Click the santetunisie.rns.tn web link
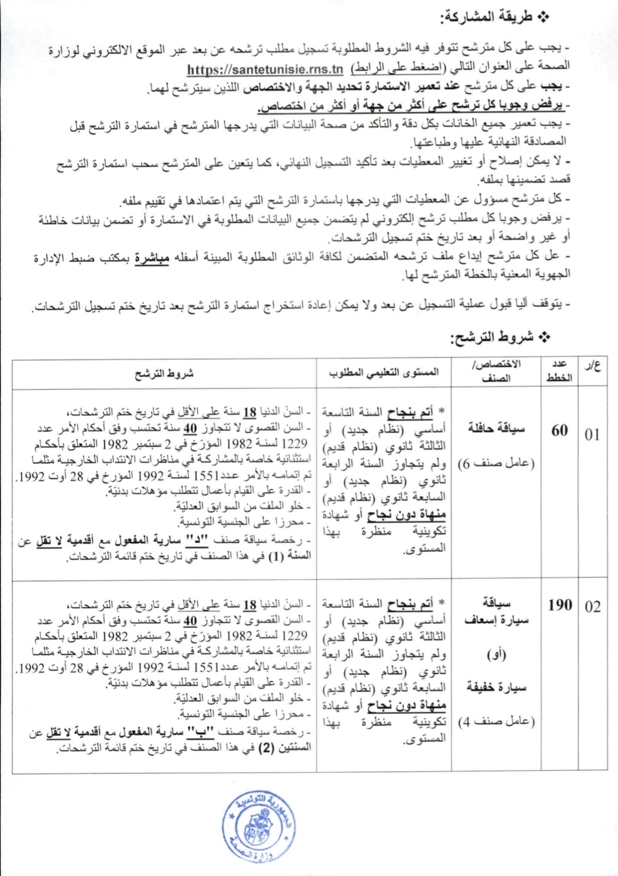click(265, 69)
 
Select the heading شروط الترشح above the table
click(500, 337)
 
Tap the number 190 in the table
click(560, 604)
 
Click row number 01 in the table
click(592, 434)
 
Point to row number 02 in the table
click(592, 607)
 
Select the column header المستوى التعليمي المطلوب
click(384, 372)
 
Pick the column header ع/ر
click(593, 366)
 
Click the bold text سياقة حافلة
click(496, 428)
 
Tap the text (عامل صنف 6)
click(496, 463)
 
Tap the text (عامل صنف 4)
click(496, 722)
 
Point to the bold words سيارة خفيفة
click(496, 687)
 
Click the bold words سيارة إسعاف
click(496, 620)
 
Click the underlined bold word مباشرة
click(152, 258)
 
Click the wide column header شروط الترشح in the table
click(164, 373)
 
